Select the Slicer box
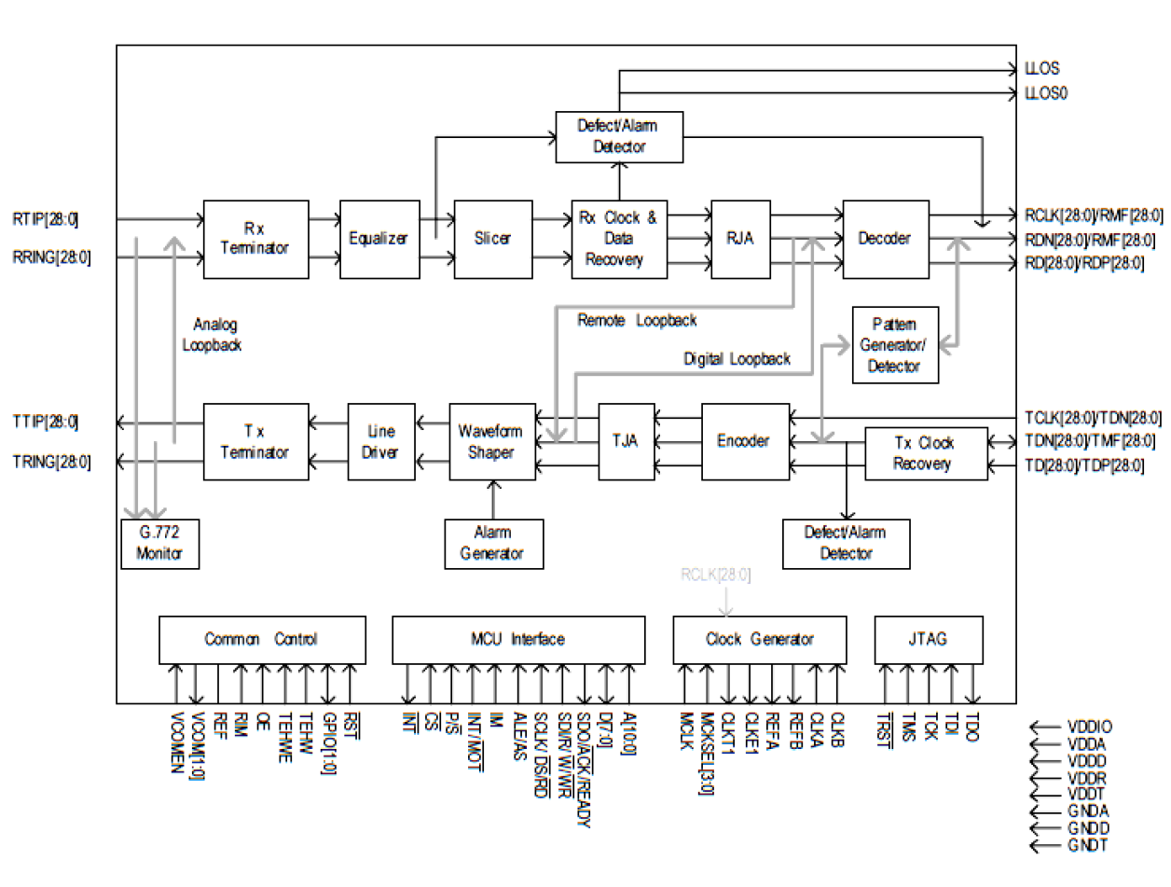[492, 239]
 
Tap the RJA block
[740, 239]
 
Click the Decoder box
[885, 239]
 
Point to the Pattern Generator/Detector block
[895, 345]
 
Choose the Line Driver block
[381, 442]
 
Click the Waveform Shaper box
[491, 442]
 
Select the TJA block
[626, 442]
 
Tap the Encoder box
[744, 442]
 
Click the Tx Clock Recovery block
[925, 453]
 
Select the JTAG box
[928, 640]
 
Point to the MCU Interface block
[517, 640]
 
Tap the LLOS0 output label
[1042, 94]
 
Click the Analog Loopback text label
[216, 334]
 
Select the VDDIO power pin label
[1090, 727]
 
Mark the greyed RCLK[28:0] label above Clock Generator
[715, 575]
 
